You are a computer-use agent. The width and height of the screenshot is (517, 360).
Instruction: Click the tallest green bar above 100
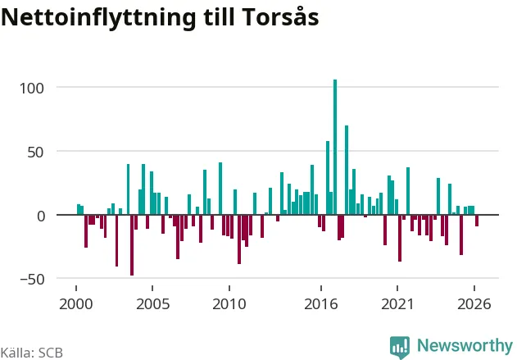[335, 147]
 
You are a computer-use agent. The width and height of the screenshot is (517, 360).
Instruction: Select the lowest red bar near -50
[132, 245]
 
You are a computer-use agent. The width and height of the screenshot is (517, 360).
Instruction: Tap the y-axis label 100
[32, 89]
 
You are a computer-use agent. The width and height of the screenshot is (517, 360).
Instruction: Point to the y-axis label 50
[35, 152]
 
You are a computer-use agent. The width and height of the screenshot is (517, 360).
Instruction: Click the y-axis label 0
[41, 216]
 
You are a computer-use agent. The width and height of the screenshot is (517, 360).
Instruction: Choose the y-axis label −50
[32, 280]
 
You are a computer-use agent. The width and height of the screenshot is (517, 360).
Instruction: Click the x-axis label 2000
[76, 304]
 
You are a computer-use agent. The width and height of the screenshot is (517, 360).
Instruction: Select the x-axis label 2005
[152, 304]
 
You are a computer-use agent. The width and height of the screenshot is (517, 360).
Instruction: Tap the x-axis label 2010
[229, 304]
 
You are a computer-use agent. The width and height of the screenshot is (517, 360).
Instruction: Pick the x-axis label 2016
[321, 304]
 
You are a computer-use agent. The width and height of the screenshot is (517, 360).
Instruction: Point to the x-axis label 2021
[397, 304]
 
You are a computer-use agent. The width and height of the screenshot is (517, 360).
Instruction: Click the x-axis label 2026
[474, 304]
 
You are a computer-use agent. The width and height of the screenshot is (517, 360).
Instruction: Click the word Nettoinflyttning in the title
[98, 18]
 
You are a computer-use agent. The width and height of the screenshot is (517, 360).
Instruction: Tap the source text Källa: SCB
[32, 353]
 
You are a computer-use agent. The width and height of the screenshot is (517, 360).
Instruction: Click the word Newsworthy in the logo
[465, 345]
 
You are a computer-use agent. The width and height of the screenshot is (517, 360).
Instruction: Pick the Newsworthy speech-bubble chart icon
[400, 348]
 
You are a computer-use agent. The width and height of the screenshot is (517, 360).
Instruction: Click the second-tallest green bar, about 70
[347, 170]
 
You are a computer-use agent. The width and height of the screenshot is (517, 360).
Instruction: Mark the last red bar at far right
[477, 221]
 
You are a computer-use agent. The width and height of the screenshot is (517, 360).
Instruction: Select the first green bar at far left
[79, 209]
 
